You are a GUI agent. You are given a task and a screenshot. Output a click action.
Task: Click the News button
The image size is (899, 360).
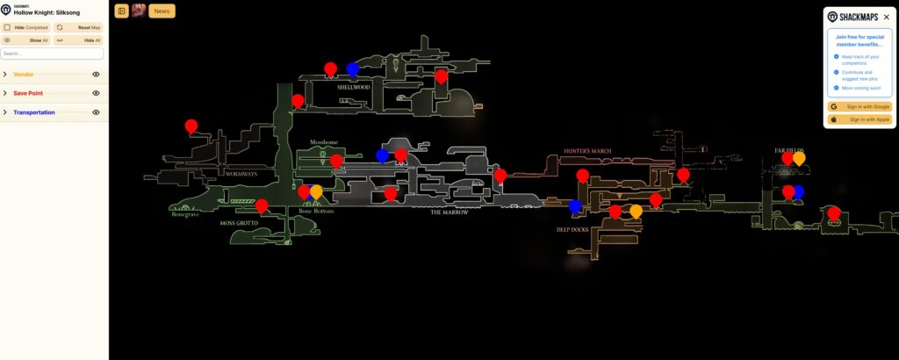pos(162,11)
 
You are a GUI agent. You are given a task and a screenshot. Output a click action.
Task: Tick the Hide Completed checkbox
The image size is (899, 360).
pos(7,27)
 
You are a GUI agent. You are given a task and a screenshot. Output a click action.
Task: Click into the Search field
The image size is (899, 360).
pos(52,54)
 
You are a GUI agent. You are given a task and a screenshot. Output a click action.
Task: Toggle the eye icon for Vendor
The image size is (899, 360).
pos(96,75)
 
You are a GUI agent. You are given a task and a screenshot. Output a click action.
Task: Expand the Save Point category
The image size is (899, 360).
pos(5,93)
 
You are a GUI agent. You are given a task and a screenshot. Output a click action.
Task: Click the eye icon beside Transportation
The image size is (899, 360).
pos(96,112)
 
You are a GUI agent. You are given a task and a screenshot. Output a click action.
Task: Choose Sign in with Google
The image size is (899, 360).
pos(859,106)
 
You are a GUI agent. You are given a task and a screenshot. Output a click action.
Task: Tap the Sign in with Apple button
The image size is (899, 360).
pos(859,119)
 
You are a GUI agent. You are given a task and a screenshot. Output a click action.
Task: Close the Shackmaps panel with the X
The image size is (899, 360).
pos(886,17)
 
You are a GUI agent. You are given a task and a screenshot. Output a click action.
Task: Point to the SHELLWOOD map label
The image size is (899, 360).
pos(354,87)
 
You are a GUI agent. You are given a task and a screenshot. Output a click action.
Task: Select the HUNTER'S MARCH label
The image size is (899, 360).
pos(587,151)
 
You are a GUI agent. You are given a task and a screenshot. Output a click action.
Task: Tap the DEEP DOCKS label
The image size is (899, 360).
pos(572,230)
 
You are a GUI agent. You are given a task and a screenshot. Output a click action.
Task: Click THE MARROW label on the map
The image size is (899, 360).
pos(449,212)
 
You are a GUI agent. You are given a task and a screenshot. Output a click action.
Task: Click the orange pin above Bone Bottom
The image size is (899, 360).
pos(316,191)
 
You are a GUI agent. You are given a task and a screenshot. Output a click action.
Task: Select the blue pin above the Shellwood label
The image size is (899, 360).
pos(353,68)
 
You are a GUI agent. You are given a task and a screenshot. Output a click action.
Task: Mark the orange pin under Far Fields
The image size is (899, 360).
pos(799,158)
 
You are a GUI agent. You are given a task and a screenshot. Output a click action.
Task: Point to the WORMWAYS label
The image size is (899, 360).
pos(241,174)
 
